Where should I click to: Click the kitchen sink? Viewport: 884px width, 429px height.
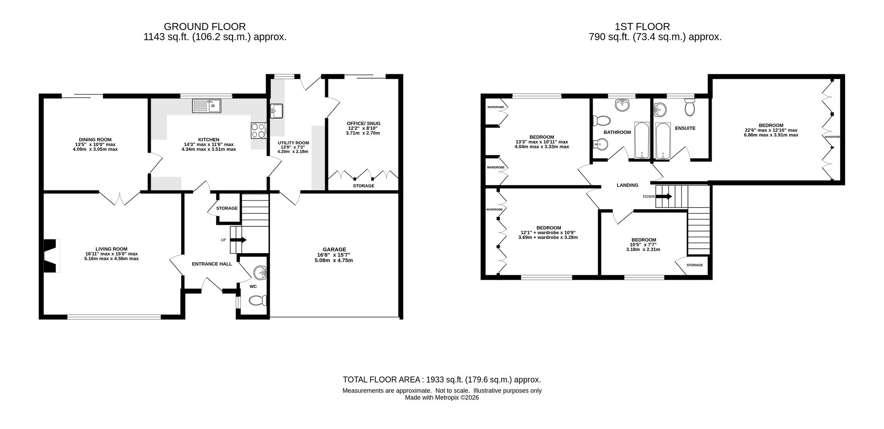(206, 106)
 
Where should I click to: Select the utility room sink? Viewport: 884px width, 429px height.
(276, 110)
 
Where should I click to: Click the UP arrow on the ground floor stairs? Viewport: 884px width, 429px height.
(239, 240)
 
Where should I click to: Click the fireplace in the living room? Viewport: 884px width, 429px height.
(51, 256)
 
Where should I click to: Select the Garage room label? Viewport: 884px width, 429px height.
(334, 250)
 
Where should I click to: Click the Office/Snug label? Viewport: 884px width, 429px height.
(363, 124)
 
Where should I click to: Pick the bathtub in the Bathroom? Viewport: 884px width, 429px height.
(642, 140)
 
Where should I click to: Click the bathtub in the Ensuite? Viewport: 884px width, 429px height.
(663, 140)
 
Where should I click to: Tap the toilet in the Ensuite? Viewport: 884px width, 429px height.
(690, 106)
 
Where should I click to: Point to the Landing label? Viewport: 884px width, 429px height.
(628, 186)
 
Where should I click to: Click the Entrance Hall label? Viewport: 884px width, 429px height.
(212, 264)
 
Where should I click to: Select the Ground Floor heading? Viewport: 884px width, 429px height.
(205, 27)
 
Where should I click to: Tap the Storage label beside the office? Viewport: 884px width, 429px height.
(363, 186)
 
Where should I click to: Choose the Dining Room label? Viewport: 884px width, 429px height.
(95, 140)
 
